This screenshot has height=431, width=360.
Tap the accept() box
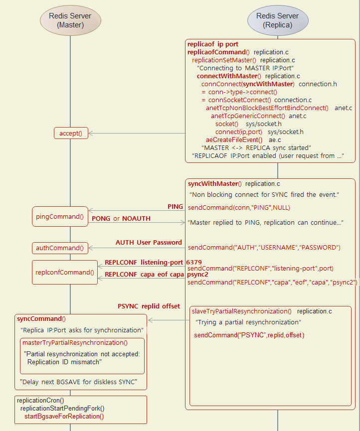pyautogui.click(x=71, y=133)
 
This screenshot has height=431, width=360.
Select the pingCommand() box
pyautogui.click(x=60, y=217)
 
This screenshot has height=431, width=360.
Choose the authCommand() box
pyautogui.click(x=60, y=248)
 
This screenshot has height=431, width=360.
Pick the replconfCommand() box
pyautogui.click(x=65, y=272)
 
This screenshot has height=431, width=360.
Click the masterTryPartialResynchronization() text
pyautogui.click(x=75, y=342)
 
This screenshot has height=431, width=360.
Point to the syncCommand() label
pyautogui.click(x=41, y=319)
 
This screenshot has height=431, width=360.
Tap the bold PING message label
pyautogui.click(x=175, y=206)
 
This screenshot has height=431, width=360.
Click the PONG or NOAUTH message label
pyautogui.click(x=121, y=218)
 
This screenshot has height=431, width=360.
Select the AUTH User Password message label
pyautogui.click(x=149, y=243)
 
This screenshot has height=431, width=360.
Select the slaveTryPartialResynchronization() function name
pyautogui.click(x=242, y=311)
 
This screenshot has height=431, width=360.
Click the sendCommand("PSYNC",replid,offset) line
pyautogui.click(x=249, y=335)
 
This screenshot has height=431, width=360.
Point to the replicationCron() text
pyautogui.click(x=40, y=400)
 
